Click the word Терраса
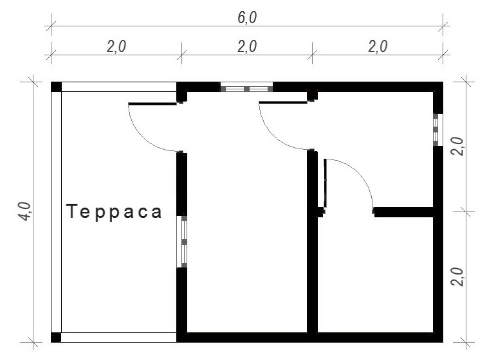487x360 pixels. [114, 212]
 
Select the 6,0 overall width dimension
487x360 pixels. [247, 17]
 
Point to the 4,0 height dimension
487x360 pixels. [26, 212]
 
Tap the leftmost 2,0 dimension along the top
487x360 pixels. [116, 46]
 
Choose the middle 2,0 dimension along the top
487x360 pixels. [247, 46]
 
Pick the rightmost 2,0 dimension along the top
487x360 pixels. [378, 46]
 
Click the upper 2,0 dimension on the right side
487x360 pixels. [457, 146]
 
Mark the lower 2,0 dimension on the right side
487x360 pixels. [457, 276]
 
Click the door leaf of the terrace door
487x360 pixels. [152, 104]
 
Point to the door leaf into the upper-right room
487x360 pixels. [283, 102]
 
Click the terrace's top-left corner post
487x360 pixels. [56, 87]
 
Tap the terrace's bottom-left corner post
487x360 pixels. [56, 337]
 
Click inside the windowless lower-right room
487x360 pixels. [375, 274]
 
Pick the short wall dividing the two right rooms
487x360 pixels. [404, 212]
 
